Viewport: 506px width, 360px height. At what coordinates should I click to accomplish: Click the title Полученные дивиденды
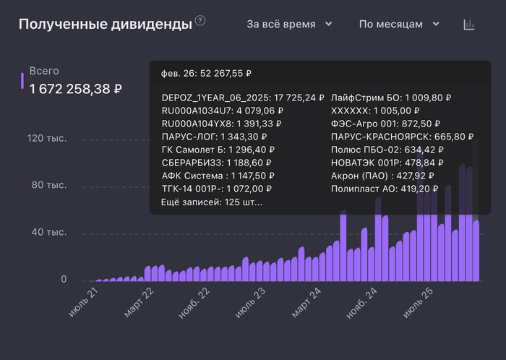coord(105,25)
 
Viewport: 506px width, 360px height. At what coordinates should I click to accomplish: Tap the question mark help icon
coord(200,21)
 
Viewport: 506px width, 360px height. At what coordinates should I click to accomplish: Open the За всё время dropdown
coord(289,24)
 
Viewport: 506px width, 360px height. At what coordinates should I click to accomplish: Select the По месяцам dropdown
coord(399,24)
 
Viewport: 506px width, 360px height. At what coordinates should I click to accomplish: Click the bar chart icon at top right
coord(469,25)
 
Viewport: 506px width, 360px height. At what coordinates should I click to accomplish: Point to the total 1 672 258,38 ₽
coord(75,89)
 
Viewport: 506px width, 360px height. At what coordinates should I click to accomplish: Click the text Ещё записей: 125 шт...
coord(213,202)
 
